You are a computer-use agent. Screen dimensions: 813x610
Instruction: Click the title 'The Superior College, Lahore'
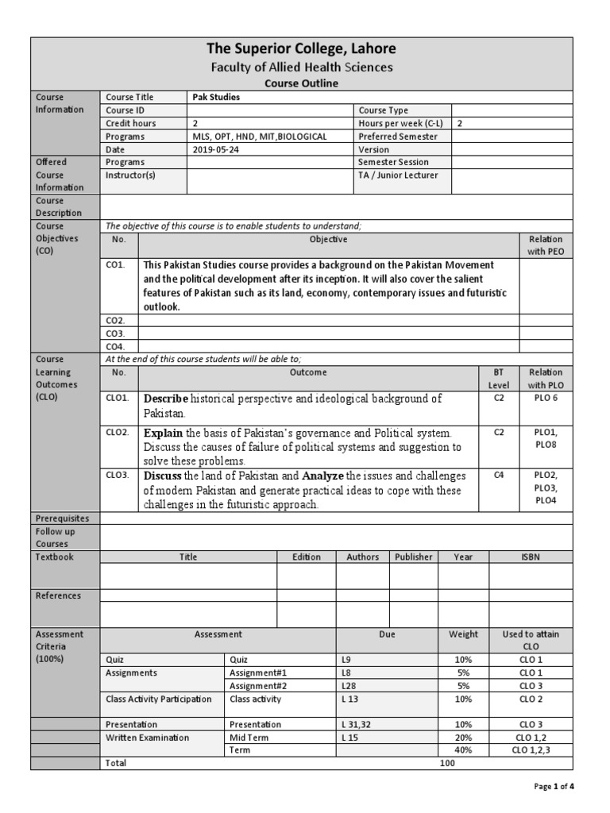301,48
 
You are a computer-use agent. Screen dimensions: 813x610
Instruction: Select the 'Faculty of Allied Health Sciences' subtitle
301,67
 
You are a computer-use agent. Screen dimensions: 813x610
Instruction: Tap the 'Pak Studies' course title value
216,97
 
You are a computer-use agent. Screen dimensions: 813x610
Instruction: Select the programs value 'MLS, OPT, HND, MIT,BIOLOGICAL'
260,137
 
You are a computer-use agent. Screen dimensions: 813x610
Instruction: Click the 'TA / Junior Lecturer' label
398,175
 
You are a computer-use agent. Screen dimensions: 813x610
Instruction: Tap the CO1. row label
115,264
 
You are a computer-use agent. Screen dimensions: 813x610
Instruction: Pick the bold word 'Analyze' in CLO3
324,476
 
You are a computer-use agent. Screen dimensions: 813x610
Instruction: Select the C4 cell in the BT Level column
498,476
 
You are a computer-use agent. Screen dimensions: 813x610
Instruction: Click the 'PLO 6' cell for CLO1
546,398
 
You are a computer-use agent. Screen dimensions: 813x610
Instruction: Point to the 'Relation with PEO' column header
545,245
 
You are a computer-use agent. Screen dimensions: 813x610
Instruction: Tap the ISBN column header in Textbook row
530,557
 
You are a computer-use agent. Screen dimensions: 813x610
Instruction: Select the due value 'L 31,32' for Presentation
355,724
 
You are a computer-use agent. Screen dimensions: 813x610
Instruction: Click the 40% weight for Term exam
463,749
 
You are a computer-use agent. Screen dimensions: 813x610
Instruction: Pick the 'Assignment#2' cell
253,686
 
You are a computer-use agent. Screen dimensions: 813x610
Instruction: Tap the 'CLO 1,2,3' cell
530,749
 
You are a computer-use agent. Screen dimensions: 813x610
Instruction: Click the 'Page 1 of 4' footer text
553,787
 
